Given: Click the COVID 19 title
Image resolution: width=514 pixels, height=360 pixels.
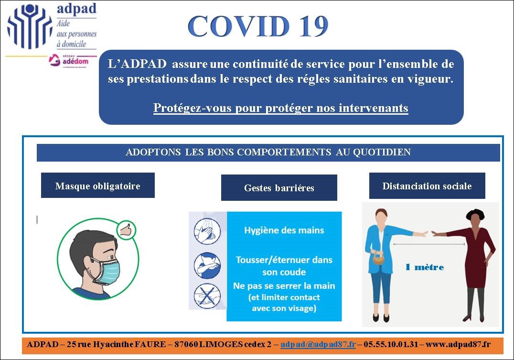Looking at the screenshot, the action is pos(258,26).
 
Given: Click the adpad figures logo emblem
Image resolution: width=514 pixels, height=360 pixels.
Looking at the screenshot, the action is pos(30,26).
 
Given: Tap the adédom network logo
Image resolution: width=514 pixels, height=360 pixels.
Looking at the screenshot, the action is pos(69,60).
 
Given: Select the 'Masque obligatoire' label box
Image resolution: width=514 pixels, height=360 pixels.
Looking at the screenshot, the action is pos(97,185).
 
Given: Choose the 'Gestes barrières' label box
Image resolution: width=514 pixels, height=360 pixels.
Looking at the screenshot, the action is pos(279,188).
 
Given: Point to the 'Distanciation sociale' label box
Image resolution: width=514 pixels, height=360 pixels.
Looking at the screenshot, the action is pos(427,186).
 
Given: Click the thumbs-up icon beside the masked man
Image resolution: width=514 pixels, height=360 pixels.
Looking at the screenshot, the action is pos(126,229).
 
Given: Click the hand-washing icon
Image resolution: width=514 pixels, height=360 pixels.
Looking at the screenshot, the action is pos(207,231).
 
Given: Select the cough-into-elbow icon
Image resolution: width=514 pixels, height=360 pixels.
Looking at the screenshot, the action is pos(207,265).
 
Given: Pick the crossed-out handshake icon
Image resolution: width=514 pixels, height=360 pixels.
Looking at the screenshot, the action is pos(207,296).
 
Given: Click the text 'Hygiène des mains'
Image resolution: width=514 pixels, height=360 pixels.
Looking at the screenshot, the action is pos(284,230).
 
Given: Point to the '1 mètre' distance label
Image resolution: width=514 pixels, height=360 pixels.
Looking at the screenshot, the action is pos(425,267).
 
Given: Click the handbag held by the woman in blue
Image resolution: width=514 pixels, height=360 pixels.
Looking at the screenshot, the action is pos(379,259).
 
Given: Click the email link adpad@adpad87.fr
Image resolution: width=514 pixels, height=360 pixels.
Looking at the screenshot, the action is pos(318,344).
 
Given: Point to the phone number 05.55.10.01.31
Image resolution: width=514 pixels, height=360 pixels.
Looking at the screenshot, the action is pos(391,344).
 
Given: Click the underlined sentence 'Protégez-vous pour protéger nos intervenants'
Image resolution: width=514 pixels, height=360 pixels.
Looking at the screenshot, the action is pos(280,108).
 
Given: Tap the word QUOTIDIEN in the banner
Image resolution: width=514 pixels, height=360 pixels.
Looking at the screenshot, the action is pos(382,152).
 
